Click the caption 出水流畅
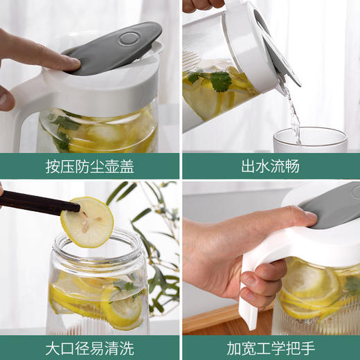tap(270, 166)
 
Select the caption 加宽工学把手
tap(270, 346)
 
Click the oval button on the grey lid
tap(128, 38)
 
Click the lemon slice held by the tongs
tap(87, 222)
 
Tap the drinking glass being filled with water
tap(309, 140)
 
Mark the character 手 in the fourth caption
tap(305, 346)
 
